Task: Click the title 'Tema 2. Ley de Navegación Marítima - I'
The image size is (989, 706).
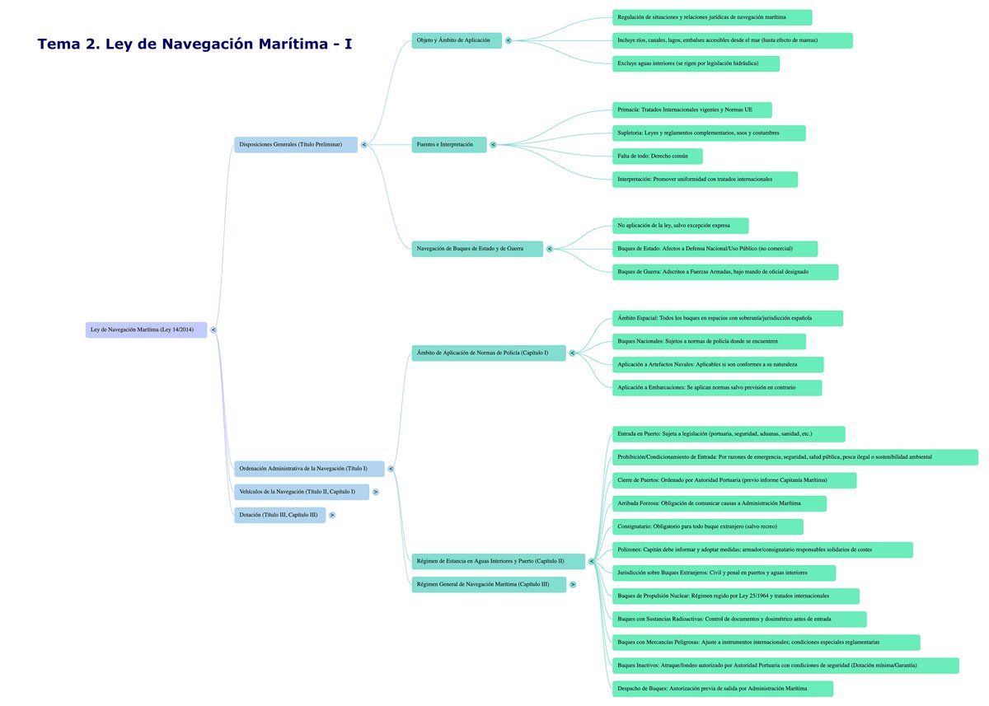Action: (x=195, y=44)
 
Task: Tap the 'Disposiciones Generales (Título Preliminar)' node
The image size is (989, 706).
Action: (x=296, y=145)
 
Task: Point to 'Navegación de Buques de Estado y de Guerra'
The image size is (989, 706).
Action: (x=477, y=249)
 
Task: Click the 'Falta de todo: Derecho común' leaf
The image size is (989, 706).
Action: (x=657, y=157)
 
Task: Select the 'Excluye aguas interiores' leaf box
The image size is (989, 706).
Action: (x=696, y=63)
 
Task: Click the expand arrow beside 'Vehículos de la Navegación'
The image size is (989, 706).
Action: (x=375, y=492)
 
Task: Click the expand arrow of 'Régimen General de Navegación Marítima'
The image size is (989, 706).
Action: (x=573, y=584)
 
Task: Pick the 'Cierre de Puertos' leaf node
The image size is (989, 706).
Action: (x=734, y=480)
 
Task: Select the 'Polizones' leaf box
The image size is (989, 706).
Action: (x=762, y=549)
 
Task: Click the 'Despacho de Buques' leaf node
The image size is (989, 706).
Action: (x=723, y=689)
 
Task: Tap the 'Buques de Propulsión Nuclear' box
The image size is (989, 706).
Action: (x=736, y=596)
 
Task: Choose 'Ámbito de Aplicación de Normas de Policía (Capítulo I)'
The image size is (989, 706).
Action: (x=489, y=353)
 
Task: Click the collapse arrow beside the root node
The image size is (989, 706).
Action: (x=213, y=330)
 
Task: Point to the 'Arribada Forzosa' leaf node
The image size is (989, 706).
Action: (x=719, y=503)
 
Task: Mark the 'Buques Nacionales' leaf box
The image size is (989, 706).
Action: (x=709, y=341)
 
